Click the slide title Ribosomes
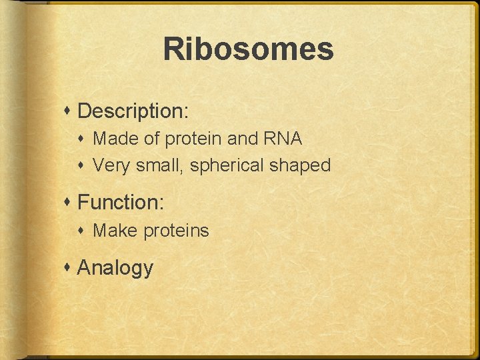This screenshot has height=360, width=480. pos(248,49)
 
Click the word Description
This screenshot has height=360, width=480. pos(132,111)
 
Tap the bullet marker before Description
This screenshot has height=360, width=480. pos(69,111)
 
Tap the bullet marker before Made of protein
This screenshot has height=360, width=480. pos(85,139)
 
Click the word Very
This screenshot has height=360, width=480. pos(111,165)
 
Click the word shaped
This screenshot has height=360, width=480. pos(300,166)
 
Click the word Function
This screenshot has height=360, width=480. pos(119,202)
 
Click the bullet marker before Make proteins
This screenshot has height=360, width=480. pos(85,231)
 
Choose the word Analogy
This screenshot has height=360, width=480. pos(115,268)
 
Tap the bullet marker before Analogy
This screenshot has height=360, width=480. pos(69,268)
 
